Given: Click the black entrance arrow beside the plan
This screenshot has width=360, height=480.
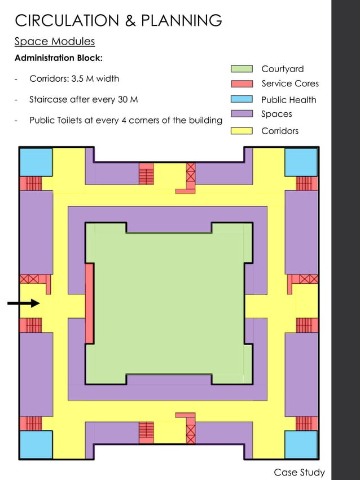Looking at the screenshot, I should point(24,303).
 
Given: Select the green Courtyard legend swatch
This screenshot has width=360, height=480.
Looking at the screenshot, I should point(242,69).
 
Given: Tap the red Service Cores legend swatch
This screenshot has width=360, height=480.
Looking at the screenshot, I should point(242,83).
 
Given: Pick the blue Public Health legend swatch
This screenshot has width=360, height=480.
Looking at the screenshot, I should point(242,99).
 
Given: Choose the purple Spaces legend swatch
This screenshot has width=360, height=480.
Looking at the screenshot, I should point(242,114).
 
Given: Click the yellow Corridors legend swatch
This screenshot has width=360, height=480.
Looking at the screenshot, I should point(242,131).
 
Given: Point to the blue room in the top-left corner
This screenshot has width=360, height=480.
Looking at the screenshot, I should point(36,162).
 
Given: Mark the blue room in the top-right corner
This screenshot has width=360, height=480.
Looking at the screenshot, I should point(301,162).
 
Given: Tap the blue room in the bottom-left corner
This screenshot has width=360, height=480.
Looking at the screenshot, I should point(36,444).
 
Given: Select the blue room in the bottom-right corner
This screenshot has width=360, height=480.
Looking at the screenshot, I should point(301,444).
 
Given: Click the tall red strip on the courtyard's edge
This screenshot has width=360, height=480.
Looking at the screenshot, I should point(89,303).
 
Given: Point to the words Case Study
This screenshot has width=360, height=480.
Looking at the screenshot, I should point(299,472).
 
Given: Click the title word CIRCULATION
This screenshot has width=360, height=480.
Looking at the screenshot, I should point(64,21).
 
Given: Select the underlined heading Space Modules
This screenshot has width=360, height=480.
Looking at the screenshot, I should point(54,41).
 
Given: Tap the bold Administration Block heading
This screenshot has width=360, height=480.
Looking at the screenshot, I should point(58,58).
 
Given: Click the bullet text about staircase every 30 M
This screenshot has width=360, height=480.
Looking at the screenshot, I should point(83,100).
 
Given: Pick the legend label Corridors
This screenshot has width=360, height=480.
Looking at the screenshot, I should point(280,131).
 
